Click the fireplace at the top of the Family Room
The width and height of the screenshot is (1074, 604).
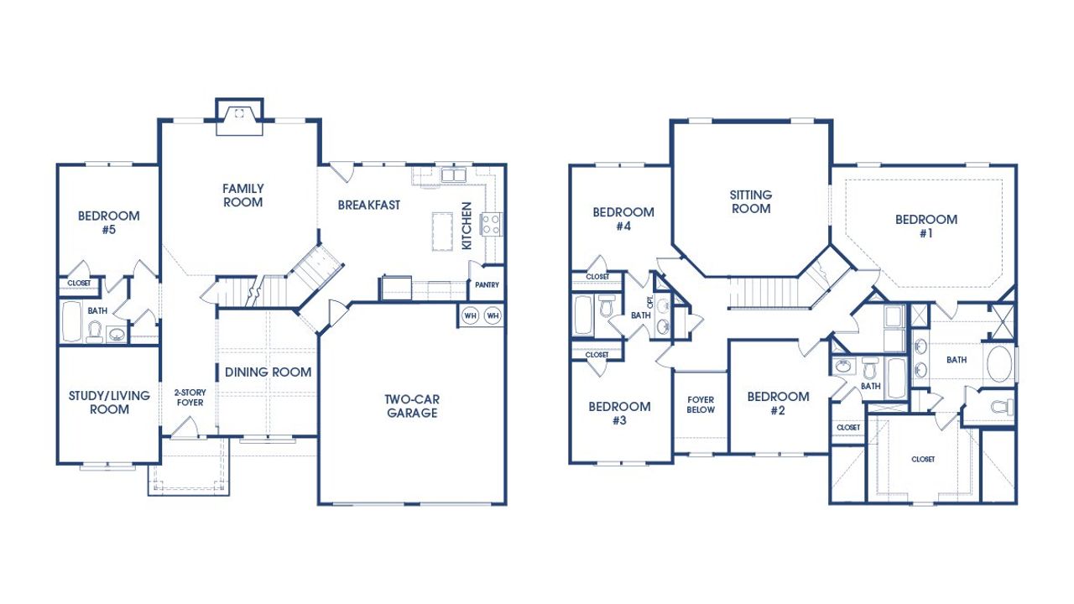[x=239, y=116]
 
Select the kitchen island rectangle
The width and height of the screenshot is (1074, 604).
[x=442, y=231]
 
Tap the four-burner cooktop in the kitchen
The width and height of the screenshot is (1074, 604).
[x=489, y=224]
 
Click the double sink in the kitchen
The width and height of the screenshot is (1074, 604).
[x=454, y=175]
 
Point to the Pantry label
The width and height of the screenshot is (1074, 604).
[x=487, y=285]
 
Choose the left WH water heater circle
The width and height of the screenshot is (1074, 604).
[x=471, y=315]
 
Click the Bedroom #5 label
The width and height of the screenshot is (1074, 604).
[x=108, y=222]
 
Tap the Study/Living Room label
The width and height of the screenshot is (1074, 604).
[x=98, y=403]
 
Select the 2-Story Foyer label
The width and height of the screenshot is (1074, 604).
[x=189, y=398]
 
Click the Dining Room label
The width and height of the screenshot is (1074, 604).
[x=268, y=372]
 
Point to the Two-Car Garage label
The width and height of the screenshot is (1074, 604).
[x=411, y=406]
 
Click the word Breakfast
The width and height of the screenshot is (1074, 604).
[x=369, y=205]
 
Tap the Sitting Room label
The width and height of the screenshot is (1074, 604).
[x=751, y=201]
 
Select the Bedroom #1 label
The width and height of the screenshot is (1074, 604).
[x=925, y=226]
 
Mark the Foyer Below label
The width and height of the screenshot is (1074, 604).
[x=701, y=404]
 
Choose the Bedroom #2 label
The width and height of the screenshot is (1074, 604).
[x=778, y=404]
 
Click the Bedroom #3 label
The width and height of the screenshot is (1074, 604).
[x=619, y=414]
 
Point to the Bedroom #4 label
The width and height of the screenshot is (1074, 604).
[x=623, y=219]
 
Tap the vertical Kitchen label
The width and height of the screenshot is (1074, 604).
[x=467, y=225]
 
